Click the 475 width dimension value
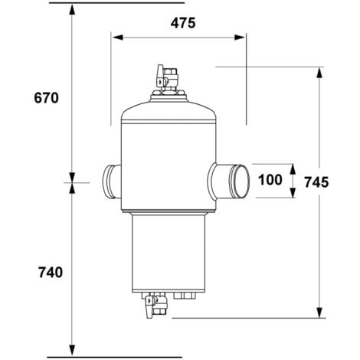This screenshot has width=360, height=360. pos(180,22)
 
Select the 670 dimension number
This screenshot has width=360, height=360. pos(47,98)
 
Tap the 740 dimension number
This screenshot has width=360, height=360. pos(47,272)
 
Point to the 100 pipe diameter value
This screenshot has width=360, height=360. pos(270,180)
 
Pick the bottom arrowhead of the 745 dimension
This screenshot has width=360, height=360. pos(318,313)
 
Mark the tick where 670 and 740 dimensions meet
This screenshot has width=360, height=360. pos(71,182)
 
